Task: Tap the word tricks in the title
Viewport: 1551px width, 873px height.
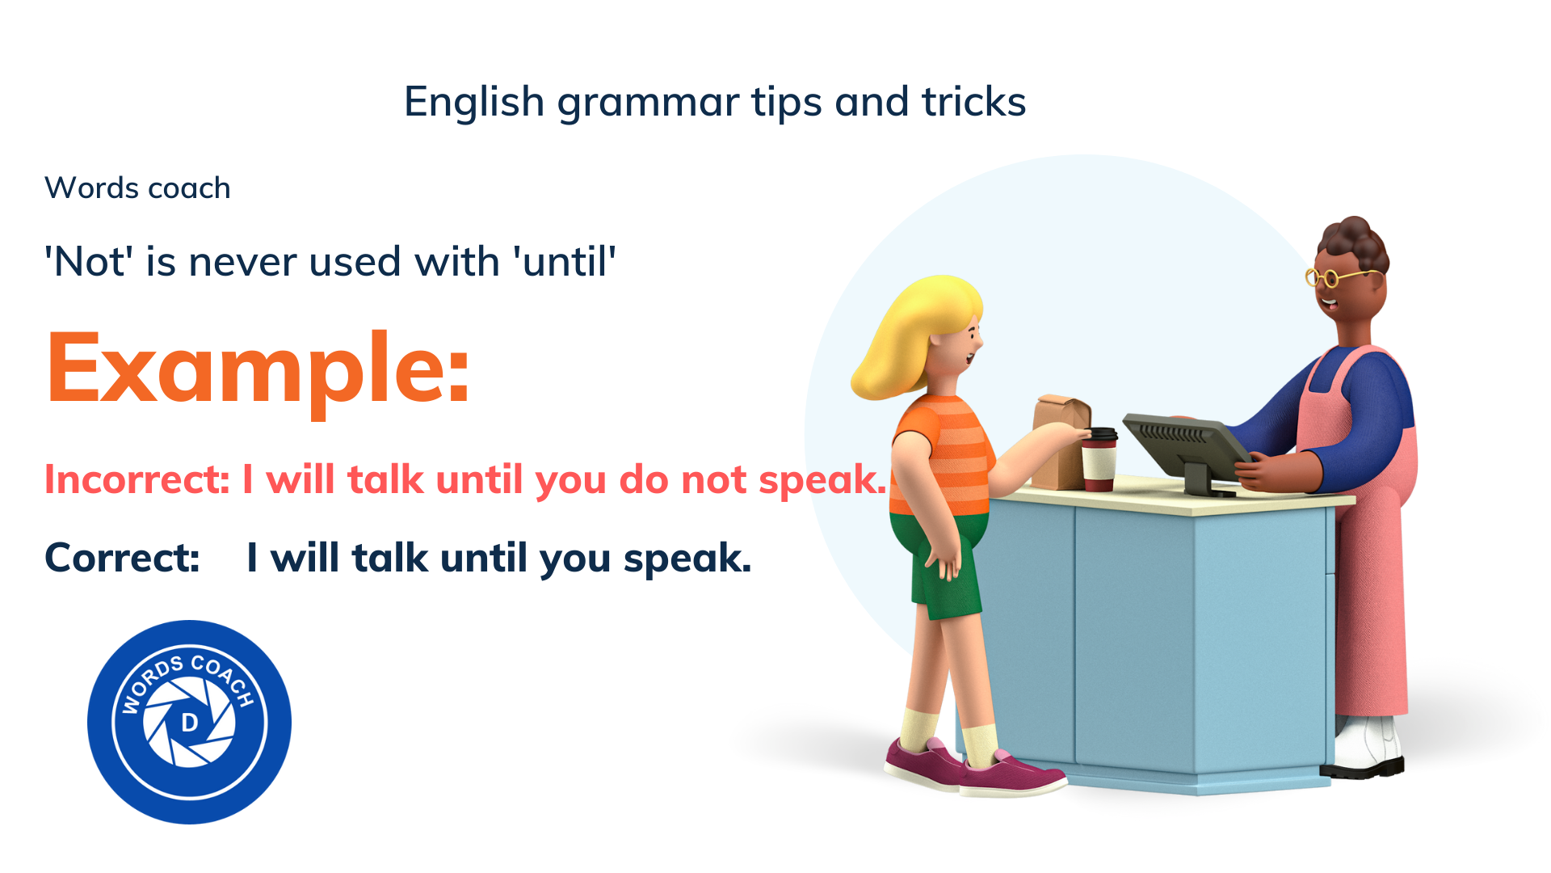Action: pyautogui.click(x=973, y=102)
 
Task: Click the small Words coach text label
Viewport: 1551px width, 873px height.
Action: pyautogui.click(x=137, y=188)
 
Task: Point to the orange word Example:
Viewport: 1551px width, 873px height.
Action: pyautogui.click(x=257, y=370)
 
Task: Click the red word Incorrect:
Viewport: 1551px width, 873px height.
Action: pyautogui.click(x=137, y=479)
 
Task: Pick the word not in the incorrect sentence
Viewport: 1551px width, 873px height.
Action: pyautogui.click(x=714, y=480)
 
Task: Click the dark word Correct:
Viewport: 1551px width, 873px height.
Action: pyautogui.click(x=122, y=558)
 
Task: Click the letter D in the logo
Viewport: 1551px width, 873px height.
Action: pyautogui.click(x=190, y=722)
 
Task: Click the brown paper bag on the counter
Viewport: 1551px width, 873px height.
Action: pyautogui.click(x=1060, y=441)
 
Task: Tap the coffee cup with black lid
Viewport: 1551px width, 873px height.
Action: pyautogui.click(x=1099, y=458)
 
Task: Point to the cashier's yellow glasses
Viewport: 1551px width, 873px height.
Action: pyautogui.click(x=1333, y=277)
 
